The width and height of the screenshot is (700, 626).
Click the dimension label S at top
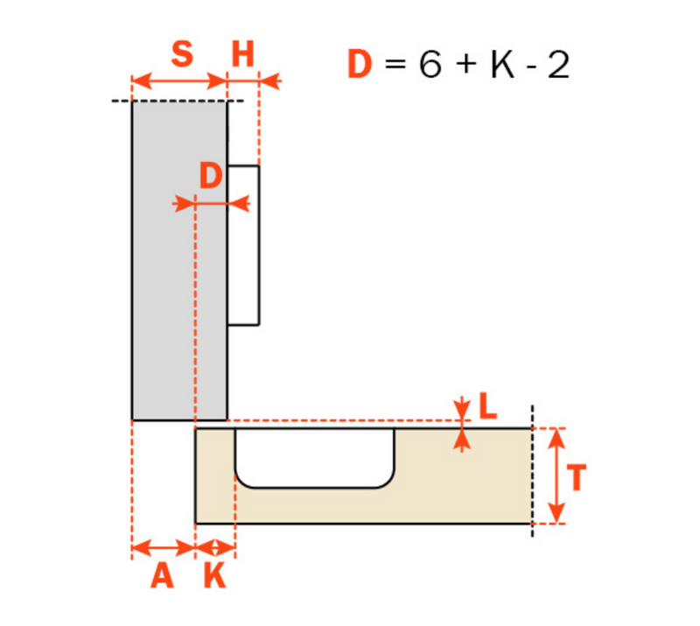(x=181, y=54)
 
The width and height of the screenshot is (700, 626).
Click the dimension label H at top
(x=242, y=54)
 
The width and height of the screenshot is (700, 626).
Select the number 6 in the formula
(x=430, y=66)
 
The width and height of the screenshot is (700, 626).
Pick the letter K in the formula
(x=502, y=66)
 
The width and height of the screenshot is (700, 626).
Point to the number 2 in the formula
(x=558, y=66)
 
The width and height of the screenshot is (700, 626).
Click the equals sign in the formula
(x=395, y=67)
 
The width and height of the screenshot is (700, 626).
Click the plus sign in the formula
(x=465, y=67)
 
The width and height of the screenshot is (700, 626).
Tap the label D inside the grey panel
(x=211, y=177)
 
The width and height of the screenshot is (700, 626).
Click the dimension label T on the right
(x=576, y=478)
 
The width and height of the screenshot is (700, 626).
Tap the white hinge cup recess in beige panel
(x=313, y=455)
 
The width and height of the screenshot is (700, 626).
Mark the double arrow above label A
(x=163, y=549)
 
